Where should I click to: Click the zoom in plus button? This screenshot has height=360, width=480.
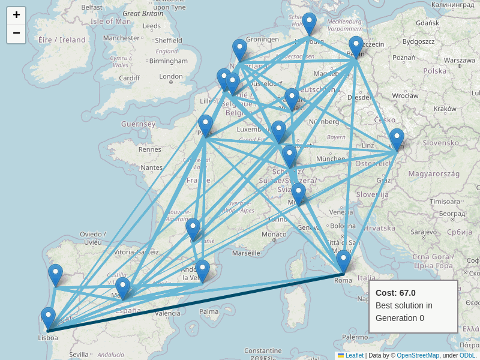16,16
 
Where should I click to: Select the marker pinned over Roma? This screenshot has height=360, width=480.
343,262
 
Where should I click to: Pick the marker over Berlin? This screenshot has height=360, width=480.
356,47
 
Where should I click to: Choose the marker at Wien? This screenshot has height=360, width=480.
397,139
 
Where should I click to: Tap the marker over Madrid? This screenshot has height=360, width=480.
123,288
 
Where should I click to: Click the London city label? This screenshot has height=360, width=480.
171,76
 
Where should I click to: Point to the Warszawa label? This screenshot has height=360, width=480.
460,60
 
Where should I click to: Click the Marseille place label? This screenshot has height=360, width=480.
246,253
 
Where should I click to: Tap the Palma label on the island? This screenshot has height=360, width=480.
209,311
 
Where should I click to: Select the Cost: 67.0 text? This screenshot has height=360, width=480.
395,293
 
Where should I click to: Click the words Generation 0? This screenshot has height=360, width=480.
400,318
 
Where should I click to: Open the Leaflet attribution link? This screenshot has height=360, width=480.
354,355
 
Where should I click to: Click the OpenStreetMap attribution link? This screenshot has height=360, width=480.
418,355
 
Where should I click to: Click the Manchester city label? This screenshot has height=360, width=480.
121,38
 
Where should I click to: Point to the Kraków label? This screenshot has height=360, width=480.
445,109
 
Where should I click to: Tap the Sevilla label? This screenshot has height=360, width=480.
79,355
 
